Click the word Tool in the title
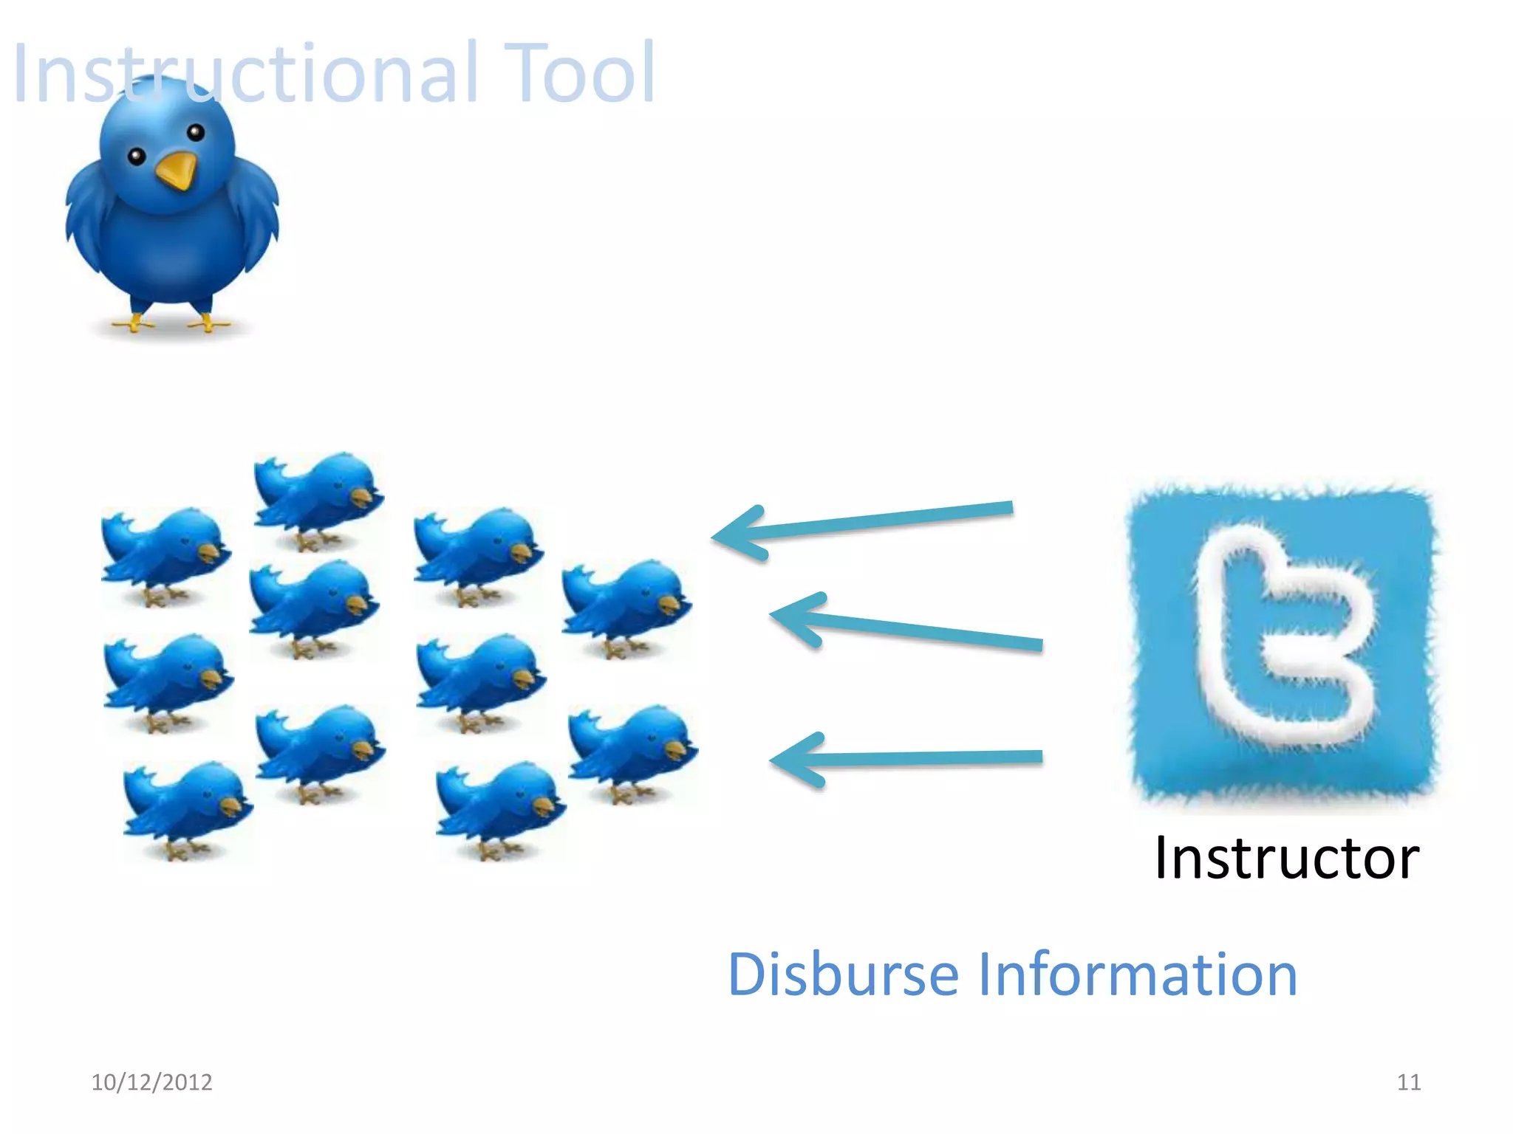point(581,74)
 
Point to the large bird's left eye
point(137,157)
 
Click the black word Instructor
point(1286,858)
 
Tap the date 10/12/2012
point(151,1082)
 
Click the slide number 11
point(1409,1082)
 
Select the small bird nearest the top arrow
point(626,603)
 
